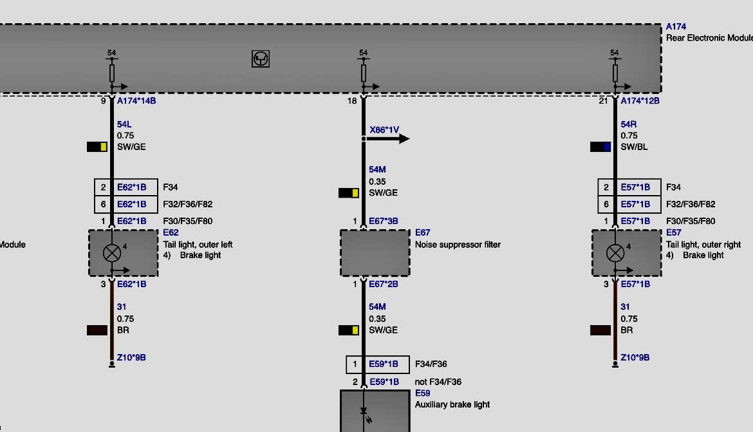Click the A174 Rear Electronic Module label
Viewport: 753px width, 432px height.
coord(709,32)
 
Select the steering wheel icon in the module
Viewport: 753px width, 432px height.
coord(260,59)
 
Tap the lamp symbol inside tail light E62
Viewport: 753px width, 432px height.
coord(112,253)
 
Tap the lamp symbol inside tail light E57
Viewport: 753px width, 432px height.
coord(615,253)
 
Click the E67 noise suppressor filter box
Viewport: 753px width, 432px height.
coord(375,253)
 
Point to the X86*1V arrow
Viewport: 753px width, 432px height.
coord(387,139)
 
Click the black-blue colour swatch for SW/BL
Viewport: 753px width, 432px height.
coord(600,147)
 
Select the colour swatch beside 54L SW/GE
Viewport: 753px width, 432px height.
coord(97,147)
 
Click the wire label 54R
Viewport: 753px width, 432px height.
coord(628,124)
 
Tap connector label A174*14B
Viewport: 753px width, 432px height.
coord(136,101)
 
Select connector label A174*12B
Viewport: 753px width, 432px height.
coord(640,101)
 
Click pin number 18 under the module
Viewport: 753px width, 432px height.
coord(352,101)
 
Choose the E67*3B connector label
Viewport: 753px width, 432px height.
coord(383,221)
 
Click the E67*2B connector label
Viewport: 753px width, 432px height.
coord(383,284)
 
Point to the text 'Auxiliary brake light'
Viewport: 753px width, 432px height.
coord(452,404)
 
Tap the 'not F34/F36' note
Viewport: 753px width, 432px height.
coord(438,382)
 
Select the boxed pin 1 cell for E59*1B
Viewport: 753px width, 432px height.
coord(355,364)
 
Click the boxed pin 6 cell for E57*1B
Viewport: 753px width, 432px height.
coord(606,204)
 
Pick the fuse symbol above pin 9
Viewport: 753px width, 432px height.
coord(112,73)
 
